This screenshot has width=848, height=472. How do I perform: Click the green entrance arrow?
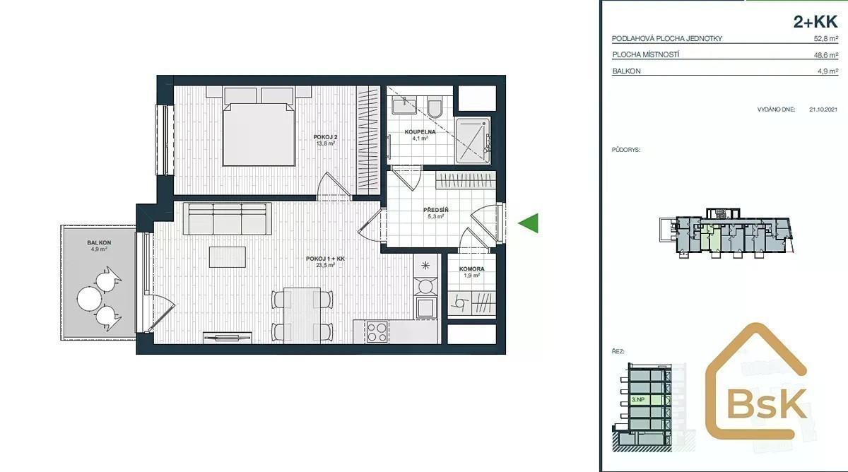click(x=528, y=223)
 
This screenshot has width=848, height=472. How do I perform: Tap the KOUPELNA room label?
click(x=420, y=132)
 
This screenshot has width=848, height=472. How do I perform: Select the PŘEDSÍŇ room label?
click(x=436, y=210)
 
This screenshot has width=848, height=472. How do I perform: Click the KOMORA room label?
click(x=472, y=269)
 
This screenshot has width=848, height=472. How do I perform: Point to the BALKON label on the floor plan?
click(x=99, y=242)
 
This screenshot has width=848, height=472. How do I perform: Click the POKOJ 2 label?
click(x=325, y=137)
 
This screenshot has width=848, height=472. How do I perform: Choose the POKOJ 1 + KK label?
click(x=325, y=259)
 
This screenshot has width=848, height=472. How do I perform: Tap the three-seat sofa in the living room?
click(x=227, y=219)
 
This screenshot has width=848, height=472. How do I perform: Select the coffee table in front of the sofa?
click(x=227, y=257)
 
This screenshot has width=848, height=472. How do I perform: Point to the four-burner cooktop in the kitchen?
click(x=377, y=332)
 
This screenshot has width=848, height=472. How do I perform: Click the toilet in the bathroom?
click(x=435, y=107)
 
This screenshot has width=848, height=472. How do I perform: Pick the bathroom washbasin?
click(x=404, y=105)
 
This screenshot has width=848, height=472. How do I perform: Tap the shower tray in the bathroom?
click(x=473, y=141)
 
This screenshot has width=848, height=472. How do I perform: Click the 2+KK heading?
click(x=815, y=22)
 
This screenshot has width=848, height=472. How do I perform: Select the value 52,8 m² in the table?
click(x=826, y=38)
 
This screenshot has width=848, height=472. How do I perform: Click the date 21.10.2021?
click(x=823, y=110)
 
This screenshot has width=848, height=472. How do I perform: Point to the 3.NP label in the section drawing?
click(x=638, y=400)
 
